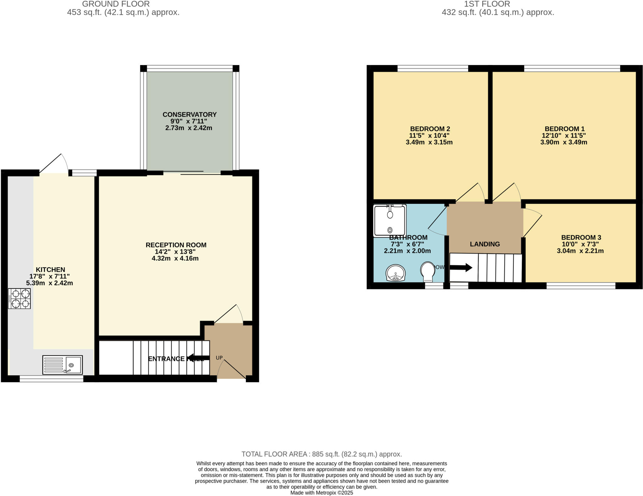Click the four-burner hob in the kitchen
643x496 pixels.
19,299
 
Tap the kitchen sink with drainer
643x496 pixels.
62,365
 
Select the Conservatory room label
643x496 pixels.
189,114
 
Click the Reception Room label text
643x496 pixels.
176,245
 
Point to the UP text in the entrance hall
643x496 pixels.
219,358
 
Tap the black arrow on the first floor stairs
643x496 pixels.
461,268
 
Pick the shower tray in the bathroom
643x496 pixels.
390,221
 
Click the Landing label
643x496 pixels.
485,244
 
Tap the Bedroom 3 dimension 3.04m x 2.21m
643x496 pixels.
580,251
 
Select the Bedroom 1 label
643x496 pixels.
564,129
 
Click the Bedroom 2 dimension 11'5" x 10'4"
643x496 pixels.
429,136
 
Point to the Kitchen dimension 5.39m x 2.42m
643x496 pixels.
50,283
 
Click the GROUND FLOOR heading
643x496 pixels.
116,4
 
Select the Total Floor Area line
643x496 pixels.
321,454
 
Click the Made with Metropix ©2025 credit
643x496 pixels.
321,493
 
